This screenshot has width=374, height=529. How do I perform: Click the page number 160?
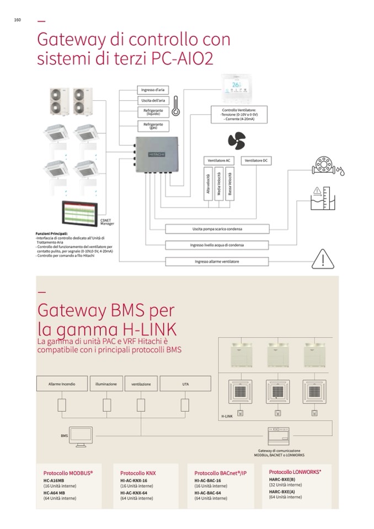(x=18, y=20)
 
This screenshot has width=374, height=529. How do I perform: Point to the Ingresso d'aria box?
(x=152, y=89)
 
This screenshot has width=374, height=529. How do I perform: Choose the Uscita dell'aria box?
(x=152, y=100)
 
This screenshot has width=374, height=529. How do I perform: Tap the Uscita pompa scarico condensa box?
(x=217, y=229)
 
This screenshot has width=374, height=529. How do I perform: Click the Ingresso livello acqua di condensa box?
(x=217, y=245)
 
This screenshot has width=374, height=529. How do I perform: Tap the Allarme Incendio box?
(x=62, y=383)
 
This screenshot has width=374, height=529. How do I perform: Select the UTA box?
(x=185, y=383)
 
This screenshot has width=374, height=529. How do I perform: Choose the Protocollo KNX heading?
(x=138, y=473)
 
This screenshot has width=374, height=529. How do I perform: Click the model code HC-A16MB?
(x=54, y=480)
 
